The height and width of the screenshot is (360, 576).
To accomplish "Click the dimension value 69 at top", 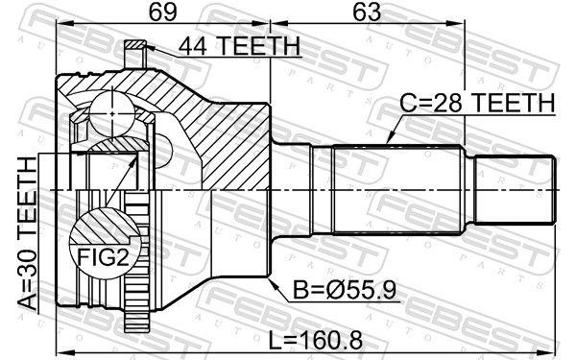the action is click(163, 12).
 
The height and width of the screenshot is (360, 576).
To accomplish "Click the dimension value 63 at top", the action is click(367, 12).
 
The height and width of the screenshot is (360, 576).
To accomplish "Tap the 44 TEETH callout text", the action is click(240, 46).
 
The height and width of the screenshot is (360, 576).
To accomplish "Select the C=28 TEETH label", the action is click(477, 103).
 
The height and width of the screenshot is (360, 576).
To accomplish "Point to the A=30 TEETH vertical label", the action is click(28, 233).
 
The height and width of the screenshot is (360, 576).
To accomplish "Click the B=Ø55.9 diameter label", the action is click(345, 291).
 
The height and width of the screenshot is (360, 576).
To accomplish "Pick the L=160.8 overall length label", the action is click(316, 340).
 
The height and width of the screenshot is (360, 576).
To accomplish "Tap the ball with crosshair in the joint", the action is click(112, 114).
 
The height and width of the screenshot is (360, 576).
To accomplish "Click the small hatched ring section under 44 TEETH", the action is click(135, 45).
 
